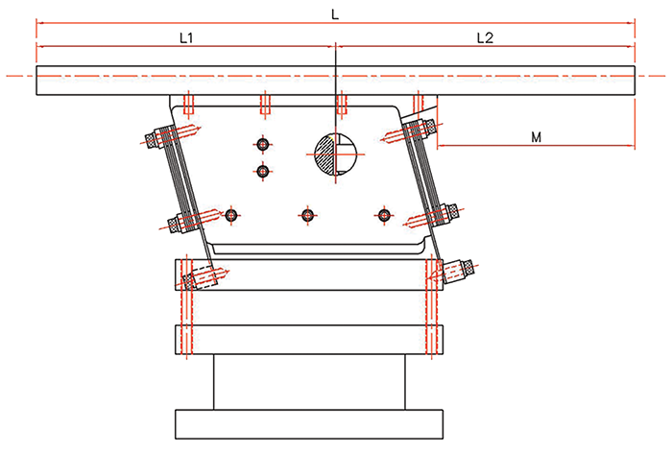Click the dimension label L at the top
click(x=335, y=14)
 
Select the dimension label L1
click(x=186, y=38)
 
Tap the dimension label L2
click(x=485, y=38)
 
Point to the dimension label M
click(x=536, y=137)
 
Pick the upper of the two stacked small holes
click(x=263, y=144)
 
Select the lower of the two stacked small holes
click(x=263, y=172)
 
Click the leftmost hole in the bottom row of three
click(x=231, y=215)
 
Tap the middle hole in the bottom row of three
click(x=307, y=215)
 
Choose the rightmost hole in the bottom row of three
click(x=384, y=215)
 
